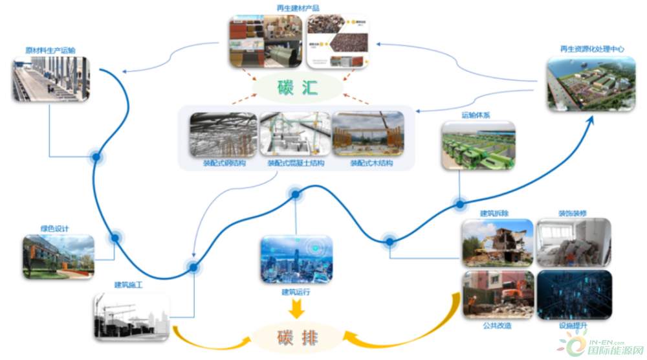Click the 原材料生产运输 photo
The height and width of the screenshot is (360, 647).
(50, 79)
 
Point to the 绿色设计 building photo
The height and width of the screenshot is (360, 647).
(58, 256)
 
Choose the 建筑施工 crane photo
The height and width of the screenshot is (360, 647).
(131, 316)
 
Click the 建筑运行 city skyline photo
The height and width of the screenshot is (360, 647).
(296, 259)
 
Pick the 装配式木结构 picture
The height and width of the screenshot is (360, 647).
(367, 135)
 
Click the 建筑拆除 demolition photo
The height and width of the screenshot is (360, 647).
(497, 243)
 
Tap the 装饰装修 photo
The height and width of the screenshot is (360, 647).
(573, 243)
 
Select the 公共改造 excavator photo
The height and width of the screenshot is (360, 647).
(497, 295)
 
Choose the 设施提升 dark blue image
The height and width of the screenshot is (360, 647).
(573, 295)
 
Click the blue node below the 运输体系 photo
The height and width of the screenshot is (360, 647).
(459, 205)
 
